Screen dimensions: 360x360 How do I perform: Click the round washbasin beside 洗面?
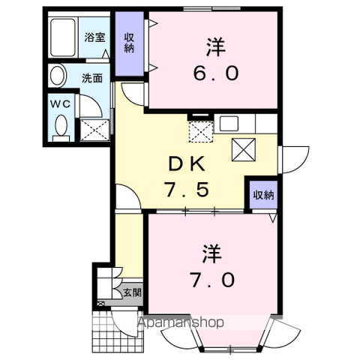(57, 76)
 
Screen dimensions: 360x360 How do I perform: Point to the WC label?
(59, 103)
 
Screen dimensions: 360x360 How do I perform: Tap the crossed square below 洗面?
(95, 130)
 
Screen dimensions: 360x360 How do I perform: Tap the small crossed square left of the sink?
(200, 132)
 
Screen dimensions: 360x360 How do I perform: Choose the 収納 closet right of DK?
(262, 194)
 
